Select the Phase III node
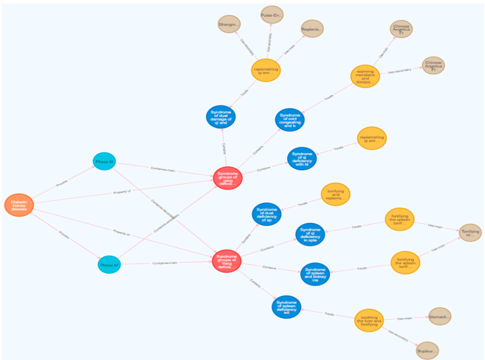click(104, 162)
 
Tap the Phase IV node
click(109, 264)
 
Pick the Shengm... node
click(229, 24)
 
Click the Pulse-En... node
click(273, 16)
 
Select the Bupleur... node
click(428, 350)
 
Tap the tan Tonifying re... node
click(470, 232)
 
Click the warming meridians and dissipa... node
click(365, 78)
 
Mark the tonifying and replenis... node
click(335, 195)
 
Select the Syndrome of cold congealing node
click(290, 120)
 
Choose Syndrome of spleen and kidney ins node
click(315, 274)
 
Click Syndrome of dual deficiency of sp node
click(266, 214)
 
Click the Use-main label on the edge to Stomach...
click(405, 318)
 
